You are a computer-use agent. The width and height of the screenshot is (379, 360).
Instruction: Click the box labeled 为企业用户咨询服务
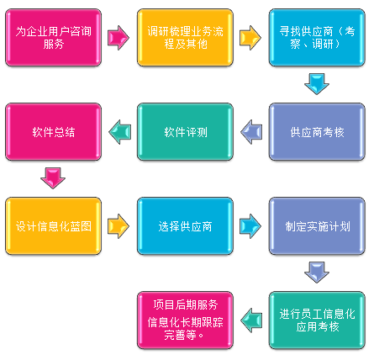(x=53, y=38)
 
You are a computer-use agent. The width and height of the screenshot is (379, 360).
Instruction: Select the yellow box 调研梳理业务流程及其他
(x=185, y=38)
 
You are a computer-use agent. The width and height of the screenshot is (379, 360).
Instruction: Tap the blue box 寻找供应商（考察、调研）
(x=317, y=38)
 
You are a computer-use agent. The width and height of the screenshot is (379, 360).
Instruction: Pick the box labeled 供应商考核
(x=317, y=132)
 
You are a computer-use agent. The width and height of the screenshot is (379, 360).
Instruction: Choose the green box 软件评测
(x=185, y=132)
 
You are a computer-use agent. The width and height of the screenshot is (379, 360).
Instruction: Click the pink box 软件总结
(x=53, y=132)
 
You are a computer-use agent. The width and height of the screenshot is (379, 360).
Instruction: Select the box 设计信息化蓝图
(x=53, y=226)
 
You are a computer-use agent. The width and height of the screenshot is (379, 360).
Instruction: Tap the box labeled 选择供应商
(x=185, y=226)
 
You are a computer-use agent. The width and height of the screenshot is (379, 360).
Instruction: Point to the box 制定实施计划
(x=317, y=226)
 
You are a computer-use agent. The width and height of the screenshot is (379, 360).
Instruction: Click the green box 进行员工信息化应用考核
(x=317, y=320)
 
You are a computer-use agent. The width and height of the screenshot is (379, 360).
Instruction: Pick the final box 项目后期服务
(x=185, y=320)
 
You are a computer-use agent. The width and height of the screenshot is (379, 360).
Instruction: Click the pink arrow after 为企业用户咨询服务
(x=118, y=38)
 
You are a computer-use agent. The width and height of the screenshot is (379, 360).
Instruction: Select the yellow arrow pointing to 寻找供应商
(x=250, y=38)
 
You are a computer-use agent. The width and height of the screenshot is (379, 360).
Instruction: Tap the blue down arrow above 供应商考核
(x=317, y=84)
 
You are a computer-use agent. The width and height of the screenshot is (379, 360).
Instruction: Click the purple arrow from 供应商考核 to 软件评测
(x=251, y=132)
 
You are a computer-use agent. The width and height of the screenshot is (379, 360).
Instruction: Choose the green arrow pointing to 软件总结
(x=119, y=132)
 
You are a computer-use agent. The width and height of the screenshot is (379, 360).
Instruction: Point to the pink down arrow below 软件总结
(x=53, y=178)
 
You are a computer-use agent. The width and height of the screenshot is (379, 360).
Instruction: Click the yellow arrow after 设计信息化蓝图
(x=118, y=226)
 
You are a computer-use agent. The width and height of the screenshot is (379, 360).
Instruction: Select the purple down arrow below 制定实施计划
(x=317, y=273)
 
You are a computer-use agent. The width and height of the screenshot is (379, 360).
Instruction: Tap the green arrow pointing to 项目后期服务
(x=251, y=320)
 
